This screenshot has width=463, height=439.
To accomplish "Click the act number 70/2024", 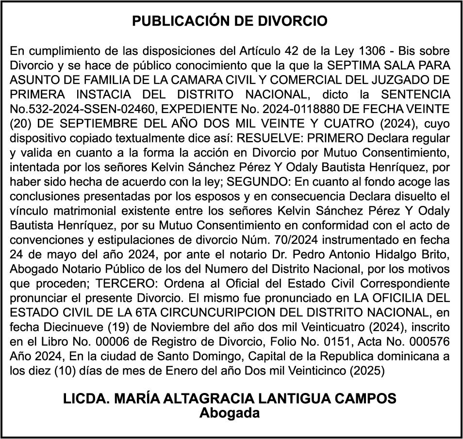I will coord(297,240).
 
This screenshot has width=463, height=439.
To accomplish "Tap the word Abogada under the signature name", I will coord(230,413).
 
